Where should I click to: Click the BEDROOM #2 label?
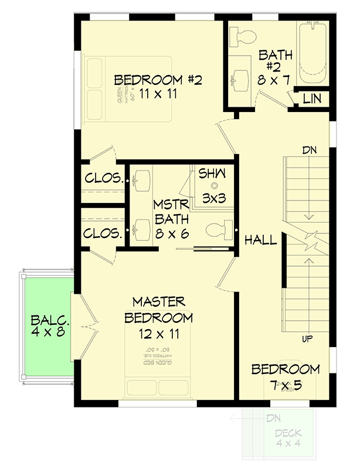coord(158,80)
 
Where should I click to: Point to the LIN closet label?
coord(312,99)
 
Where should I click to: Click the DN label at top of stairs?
coord(310,151)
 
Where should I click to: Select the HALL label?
coord(260,240)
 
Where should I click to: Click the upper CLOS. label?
coord(103,178)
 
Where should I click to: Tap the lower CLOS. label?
coord(103,232)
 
